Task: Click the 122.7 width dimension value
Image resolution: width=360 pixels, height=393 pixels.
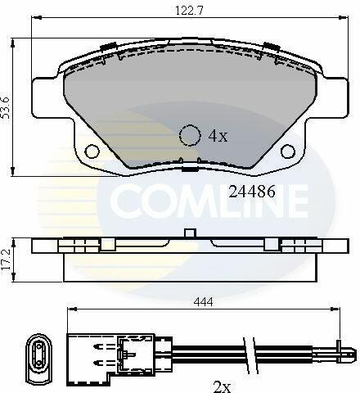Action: pos(189,11)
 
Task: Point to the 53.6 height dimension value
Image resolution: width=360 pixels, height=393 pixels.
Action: pos(6,107)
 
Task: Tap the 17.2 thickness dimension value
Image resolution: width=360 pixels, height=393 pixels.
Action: pos(6,259)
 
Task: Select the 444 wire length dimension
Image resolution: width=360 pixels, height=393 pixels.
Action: pos(203,302)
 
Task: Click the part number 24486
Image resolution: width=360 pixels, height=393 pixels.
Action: pos(252,192)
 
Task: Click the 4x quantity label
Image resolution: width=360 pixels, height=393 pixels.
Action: pos(218,136)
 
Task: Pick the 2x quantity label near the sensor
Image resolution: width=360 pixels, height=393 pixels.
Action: pos(222,387)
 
